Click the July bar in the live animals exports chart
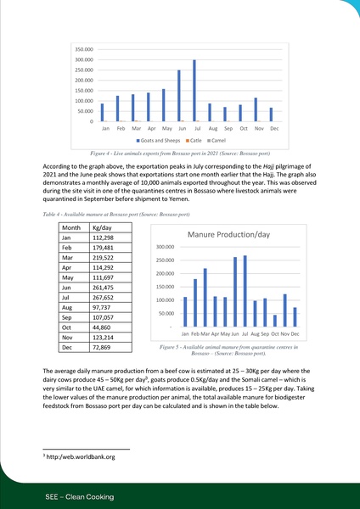pos(194,91)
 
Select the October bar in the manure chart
pos(275,319)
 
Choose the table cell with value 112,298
pos(106,240)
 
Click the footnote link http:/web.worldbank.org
pos(81,456)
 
